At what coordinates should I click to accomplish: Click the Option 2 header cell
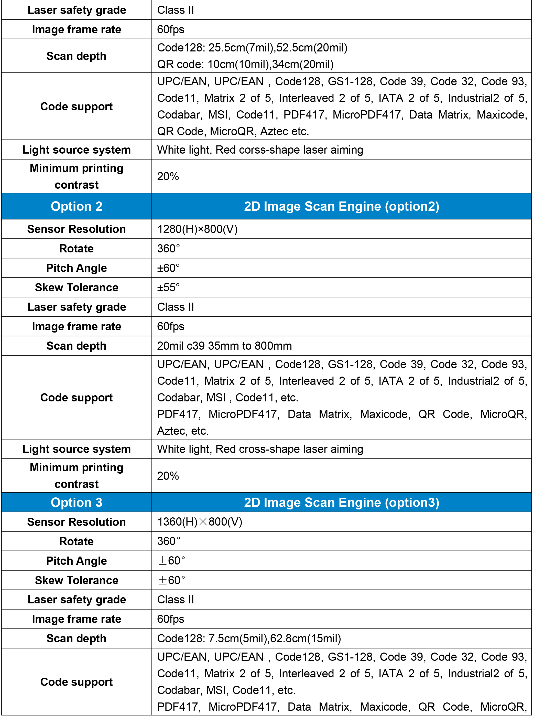click(x=77, y=206)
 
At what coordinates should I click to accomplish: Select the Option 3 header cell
click(x=77, y=502)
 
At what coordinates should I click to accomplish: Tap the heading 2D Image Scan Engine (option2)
click(x=341, y=206)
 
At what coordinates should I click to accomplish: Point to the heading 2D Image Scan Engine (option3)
click(x=341, y=502)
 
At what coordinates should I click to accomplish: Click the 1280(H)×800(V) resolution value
click(x=197, y=229)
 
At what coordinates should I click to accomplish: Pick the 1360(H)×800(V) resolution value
click(x=199, y=522)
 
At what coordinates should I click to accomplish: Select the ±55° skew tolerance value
click(x=168, y=287)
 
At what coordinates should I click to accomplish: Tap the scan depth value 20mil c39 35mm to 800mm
click(x=224, y=346)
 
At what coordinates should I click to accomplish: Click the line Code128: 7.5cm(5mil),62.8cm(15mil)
click(x=249, y=638)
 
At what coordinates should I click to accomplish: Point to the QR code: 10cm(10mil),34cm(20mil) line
click(x=245, y=64)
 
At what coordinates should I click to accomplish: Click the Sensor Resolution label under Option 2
click(x=77, y=229)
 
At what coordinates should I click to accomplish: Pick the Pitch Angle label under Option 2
click(x=77, y=268)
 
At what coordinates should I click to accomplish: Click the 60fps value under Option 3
click(x=170, y=619)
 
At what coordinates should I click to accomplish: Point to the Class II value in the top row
click(x=176, y=10)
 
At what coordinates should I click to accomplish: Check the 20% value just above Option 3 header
click(x=168, y=475)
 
